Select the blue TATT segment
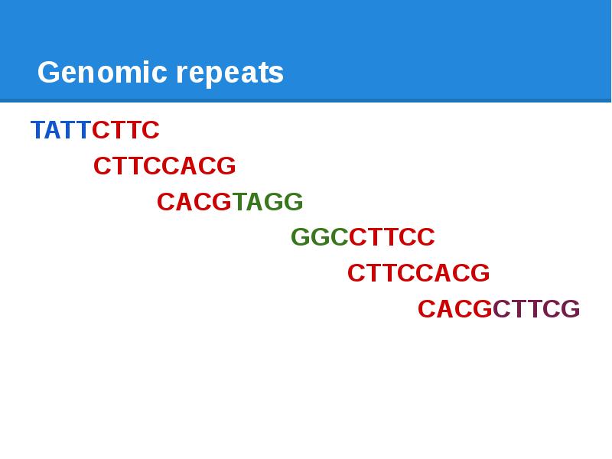pyautogui.click(x=60, y=130)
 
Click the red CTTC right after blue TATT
pyautogui.click(x=125, y=130)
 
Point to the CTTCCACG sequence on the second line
pyautogui.click(x=164, y=166)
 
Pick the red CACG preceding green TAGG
pyautogui.click(x=194, y=202)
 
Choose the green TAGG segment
pyautogui.click(x=268, y=202)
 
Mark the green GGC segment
pyautogui.click(x=319, y=238)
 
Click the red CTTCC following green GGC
pyautogui.click(x=392, y=238)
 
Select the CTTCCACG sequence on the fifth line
pyautogui.click(x=418, y=273)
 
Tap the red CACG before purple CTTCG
pyautogui.click(x=454, y=309)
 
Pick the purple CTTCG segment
pyautogui.click(x=536, y=309)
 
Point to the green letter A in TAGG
pyautogui.click(x=256, y=202)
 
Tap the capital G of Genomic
pyautogui.click(x=47, y=73)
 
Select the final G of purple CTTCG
pyautogui.click(x=571, y=309)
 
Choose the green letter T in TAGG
pyautogui.click(x=239, y=202)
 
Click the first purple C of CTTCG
pyautogui.click(x=502, y=309)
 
